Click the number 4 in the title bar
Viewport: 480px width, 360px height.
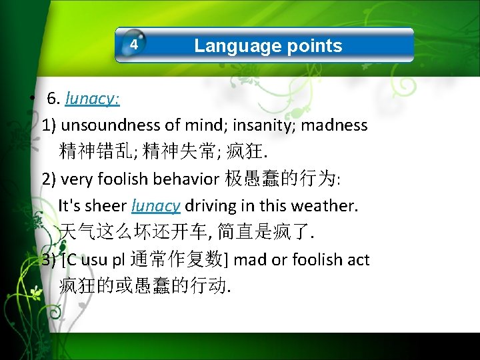[134, 45]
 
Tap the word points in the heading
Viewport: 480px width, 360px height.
[315, 45]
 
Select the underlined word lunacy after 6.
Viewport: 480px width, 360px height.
[91, 99]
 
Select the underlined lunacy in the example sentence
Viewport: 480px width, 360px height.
[156, 206]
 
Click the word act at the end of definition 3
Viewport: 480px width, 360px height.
[358, 259]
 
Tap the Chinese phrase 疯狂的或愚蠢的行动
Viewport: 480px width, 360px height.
[143, 286]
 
